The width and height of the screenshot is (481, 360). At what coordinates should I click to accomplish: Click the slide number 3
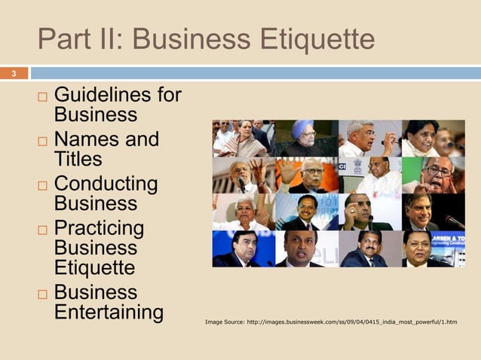coord(13,73)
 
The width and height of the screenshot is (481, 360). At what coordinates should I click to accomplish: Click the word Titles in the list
coord(78,160)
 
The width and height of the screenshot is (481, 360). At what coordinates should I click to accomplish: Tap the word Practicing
coord(98,227)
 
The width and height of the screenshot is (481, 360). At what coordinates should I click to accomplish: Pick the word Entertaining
coord(109,311)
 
